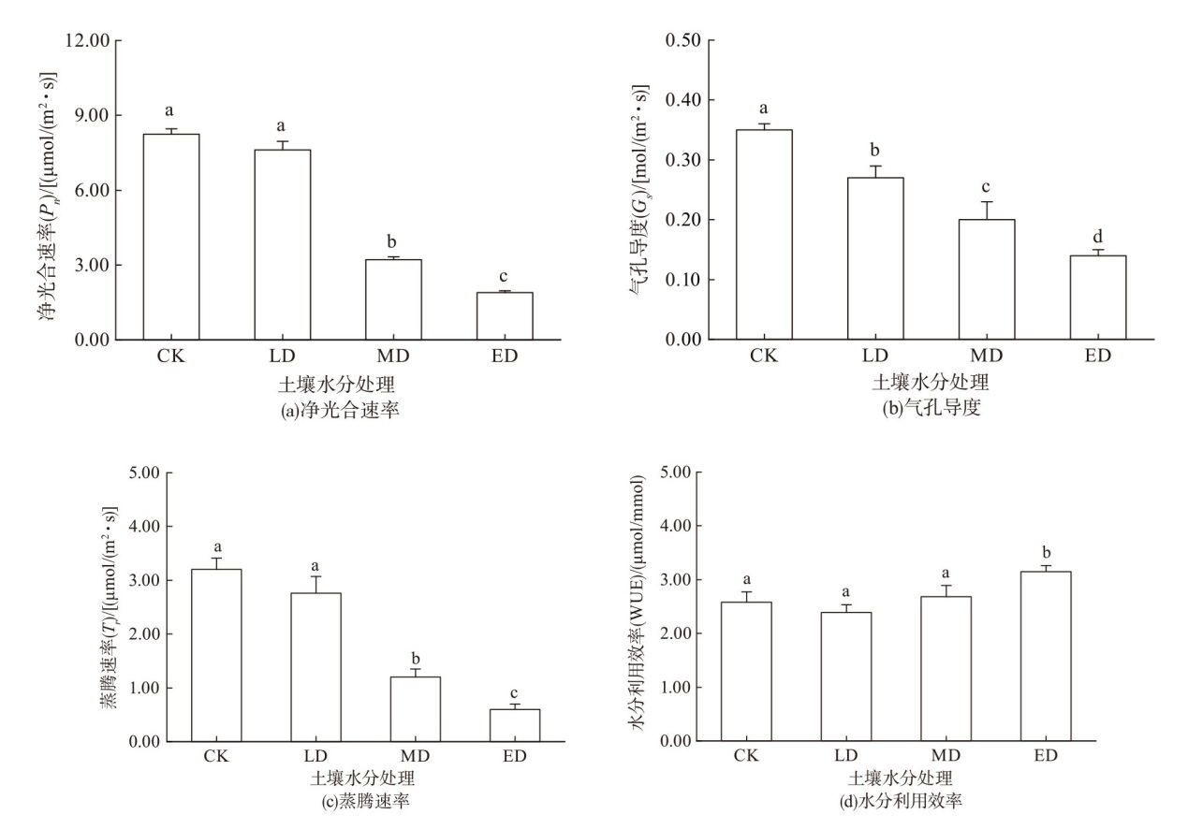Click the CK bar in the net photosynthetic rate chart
[170, 237]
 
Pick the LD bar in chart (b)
[875, 258]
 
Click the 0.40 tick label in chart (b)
[683, 100]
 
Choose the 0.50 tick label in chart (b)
[683, 40]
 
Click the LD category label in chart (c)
[315, 756]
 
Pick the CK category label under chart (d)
[744, 756]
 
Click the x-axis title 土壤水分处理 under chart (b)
[931, 383]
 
